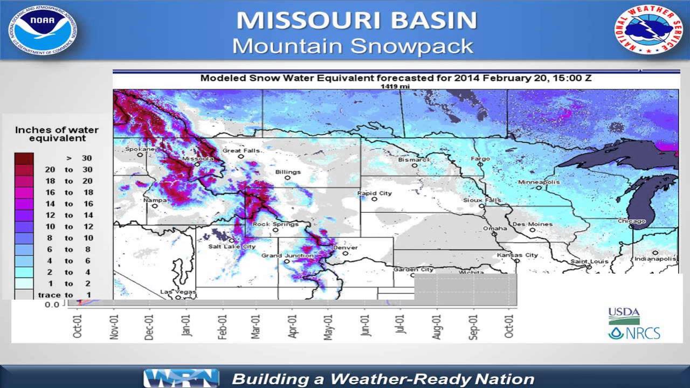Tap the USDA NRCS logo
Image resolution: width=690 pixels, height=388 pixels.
(633, 323)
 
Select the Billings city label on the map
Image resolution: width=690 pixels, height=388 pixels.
(287, 172)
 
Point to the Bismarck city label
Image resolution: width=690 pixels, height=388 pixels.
(414, 160)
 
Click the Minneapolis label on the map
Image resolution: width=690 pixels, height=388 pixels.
(539, 182)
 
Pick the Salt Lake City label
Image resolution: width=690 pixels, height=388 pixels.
(232, 246)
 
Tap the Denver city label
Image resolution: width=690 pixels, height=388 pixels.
(345, 248)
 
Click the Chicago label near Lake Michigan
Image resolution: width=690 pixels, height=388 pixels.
(632, 221)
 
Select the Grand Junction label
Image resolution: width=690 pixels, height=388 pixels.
(287, 255)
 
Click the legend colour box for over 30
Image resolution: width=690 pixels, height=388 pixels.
(24, 158)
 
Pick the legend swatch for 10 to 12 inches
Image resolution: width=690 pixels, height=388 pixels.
(24, 226)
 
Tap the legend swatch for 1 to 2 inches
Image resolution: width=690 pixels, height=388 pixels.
(24, 283)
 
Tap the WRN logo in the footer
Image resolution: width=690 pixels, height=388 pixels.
(181, 378)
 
